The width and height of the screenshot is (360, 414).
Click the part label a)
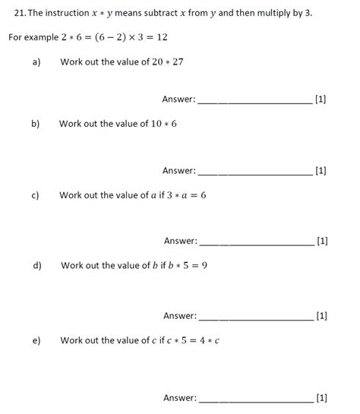pyautogui.click(x=36, y=62)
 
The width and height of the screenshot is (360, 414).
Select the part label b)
pyautogui.click(x=36, y=124)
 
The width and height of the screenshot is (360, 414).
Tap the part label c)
pyautogui.click(x=36, y=195)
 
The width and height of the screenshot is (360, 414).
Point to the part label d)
pyautogui.click(x=37, y=266)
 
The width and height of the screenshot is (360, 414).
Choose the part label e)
pyautogui.click(x=36, y=340)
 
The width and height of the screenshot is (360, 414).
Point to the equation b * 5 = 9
pyautogui.click(x=186, y=266)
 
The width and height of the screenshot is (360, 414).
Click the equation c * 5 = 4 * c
pyautogui.click(x=193, y=340)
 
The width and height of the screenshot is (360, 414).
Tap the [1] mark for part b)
pyautogui.click(x=321, y=171)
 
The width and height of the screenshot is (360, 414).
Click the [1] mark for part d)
pyautogui.click(x=321, y=316)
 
